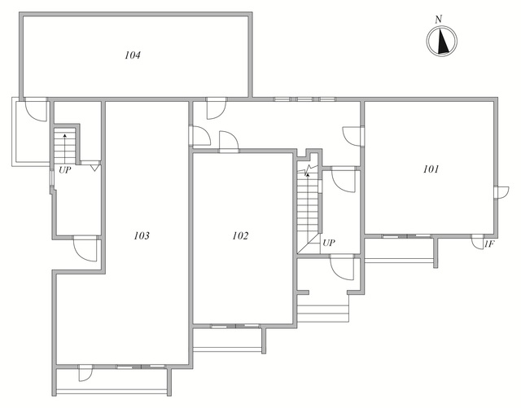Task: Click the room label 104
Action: coord(133,55)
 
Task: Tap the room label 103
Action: coord(142,235)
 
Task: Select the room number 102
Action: coord(240,235)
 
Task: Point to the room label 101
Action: coord(431,169)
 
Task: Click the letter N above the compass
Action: coord(439,20)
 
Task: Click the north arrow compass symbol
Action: coord(441,42)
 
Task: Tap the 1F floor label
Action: coord(489,244)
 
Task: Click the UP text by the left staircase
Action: coord(65,170)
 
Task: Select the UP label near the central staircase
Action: coord(329,243)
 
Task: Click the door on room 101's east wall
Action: coord(501,193)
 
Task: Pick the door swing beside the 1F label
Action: coord(478,242)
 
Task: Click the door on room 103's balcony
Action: coord(85,373)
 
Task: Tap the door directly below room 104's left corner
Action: coord(36,109)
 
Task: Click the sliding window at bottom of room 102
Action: coord(235,326)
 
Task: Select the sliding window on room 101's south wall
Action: coord(406,236)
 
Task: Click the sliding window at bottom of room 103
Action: coord(141,366)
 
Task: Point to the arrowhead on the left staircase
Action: coord(64,135)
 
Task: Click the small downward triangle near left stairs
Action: coord(94,168)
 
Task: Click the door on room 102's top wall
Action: coord(229,143)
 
